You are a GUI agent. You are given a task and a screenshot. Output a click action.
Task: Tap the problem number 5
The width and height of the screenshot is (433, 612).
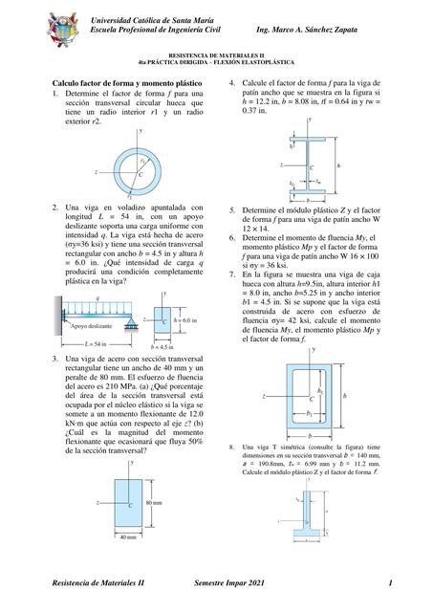click(232, 210)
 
